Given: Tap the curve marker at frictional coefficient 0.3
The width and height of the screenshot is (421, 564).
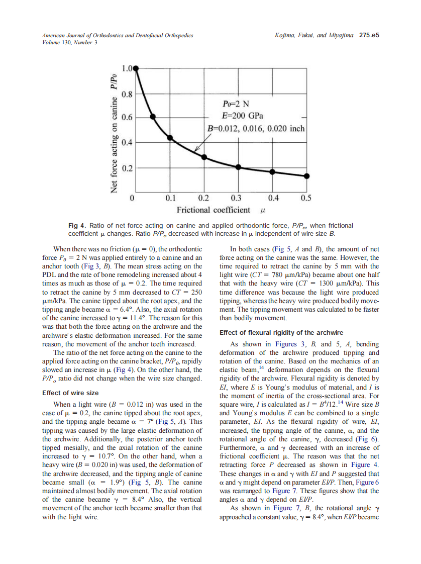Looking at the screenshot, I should tap(238, 166).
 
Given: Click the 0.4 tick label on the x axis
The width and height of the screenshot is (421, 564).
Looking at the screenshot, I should tap(273, 198).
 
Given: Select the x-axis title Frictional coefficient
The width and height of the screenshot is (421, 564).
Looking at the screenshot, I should tap(214, 210).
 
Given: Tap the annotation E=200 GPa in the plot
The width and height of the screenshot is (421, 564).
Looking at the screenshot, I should tap(245, 116).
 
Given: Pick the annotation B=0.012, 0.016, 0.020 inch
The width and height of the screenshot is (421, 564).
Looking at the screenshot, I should tap(257, 129).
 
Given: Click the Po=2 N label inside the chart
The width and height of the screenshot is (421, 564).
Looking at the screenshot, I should tap(236, 104).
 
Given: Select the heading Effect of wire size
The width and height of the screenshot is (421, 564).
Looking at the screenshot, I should tap(70, 393).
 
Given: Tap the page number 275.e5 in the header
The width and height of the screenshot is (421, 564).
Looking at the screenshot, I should tap(369, 35).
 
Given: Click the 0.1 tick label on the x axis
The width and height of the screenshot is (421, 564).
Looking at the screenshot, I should tap(170, 198).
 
